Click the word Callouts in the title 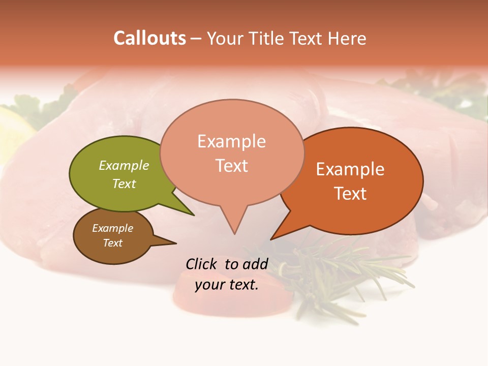[149, 38]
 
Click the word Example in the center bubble [231, 141]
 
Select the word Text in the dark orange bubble [350, 193]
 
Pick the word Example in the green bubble [124, 165]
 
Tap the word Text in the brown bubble [113, 243]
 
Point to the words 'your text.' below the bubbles [227, 285]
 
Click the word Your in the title [226, 38]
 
